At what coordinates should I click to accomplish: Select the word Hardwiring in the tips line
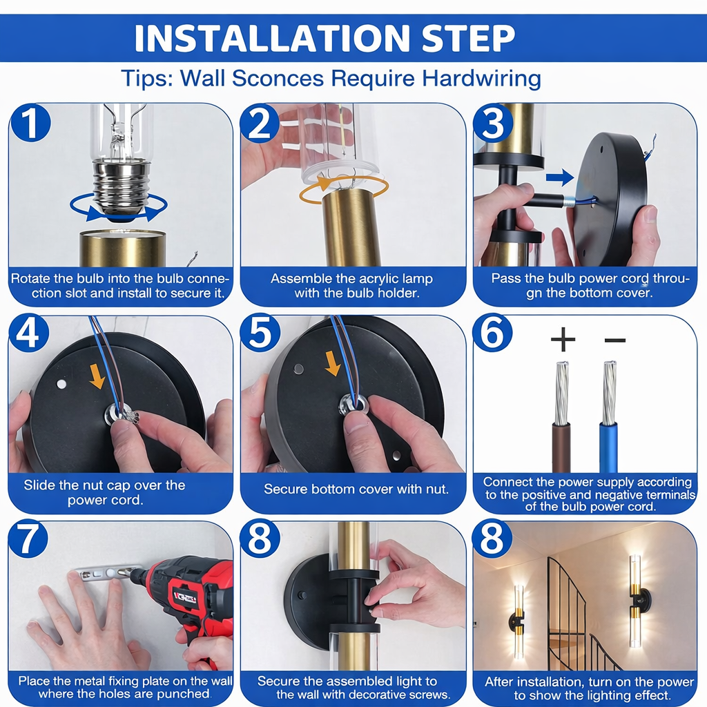tap(481, 78)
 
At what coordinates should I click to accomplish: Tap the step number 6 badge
tap(494, 335)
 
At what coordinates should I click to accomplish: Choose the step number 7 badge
tap(31, 540)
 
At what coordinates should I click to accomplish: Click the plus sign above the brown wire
tap(563, 339)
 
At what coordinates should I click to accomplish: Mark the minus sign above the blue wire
tap(614, 340)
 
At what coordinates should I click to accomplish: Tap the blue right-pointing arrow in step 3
tap(559, 178)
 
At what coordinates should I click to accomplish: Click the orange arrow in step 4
tap(97, 376)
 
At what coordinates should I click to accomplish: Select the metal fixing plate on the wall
tap(104, 573)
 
